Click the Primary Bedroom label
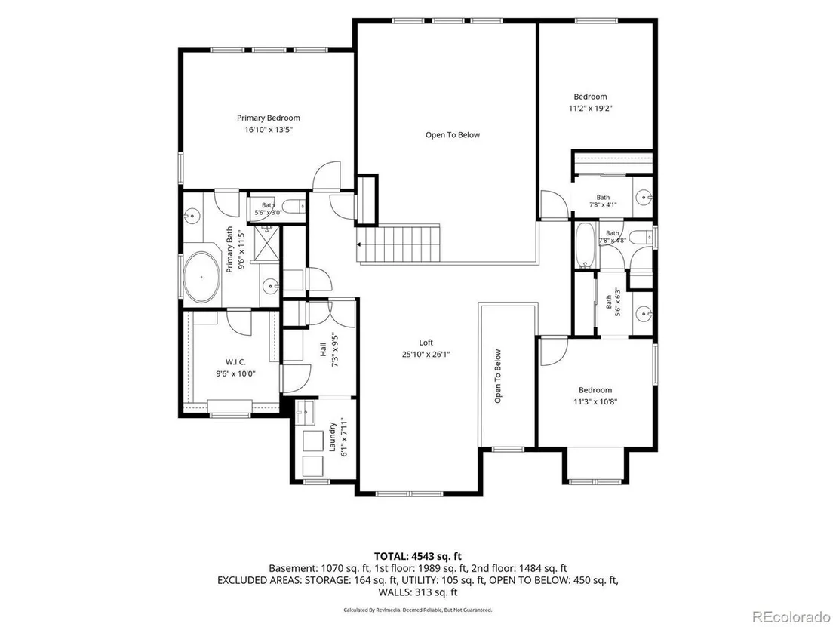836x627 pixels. pyautogui.click(x=268, y=118)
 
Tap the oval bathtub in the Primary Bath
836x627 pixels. pyautogui.click(x=201, y=277)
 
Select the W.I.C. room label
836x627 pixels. pyautogui.click(x=235, y=363)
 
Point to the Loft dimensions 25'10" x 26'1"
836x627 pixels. pyautogui.click(x=426, y=354)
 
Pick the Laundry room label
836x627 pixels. pyautogui.click(x=332, y=437)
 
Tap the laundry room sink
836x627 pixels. pyautogui.click(x=304, y=412)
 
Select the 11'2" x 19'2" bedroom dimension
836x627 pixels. pyautogui.click(x=590, y=108)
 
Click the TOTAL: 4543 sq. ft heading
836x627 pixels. pyautogui.click(x=417, y=557)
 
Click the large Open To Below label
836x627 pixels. pyautogui.click(x=453, y=135)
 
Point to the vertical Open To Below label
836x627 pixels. pyautogui.click(x=497, y=377)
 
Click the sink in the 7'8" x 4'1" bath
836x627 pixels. pyautogui.click(x=644, y=197)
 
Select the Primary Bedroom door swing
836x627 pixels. pyautogui.click(x=326, y=176)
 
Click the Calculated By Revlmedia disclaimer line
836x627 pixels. pyautogui.click(x=417, y=610)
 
